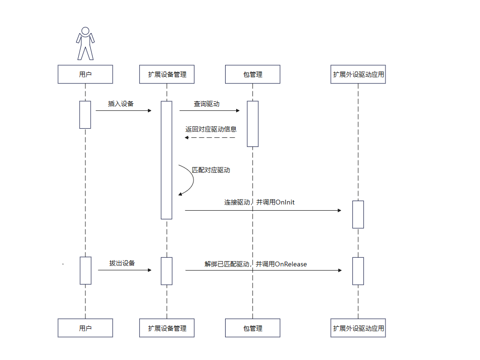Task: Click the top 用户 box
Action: point(85,74)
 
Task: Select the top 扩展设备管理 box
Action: point(167,74)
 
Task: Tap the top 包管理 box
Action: point(253,74)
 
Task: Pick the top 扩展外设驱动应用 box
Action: point(358,74)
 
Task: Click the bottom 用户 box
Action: point(85,328)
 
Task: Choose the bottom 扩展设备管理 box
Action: point(167,328)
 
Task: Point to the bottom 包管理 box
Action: point(253,328)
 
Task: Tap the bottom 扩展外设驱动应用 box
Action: point(358,328)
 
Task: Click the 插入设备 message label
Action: point(121,104)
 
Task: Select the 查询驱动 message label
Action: point(207,104)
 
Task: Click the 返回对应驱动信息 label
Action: point(211,129)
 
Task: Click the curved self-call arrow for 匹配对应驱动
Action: point(191,180)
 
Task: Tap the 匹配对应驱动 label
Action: point(211,170)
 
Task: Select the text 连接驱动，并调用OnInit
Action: point(259,203)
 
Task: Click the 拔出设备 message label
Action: point(122,263)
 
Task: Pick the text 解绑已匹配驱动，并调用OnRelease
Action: point(255,264)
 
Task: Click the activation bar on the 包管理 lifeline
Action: point(253,123)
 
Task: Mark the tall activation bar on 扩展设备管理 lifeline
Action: point(167,160)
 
